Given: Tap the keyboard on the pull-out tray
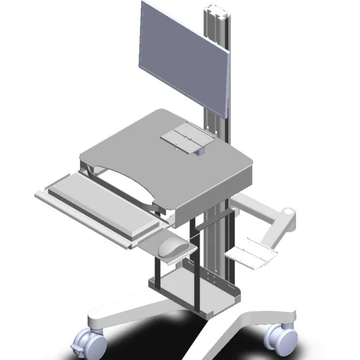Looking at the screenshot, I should pyautogui.click(x=102, y=202).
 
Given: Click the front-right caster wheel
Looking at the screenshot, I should pyautogui.click(x=280, y=336).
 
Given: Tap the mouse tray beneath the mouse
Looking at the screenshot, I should pyautogui.click(x=159, y=245).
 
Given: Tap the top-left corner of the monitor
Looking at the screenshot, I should pyautogui.click(x=142, y=4).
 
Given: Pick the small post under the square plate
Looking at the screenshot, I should pyautogui.click(x=200, y=151).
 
